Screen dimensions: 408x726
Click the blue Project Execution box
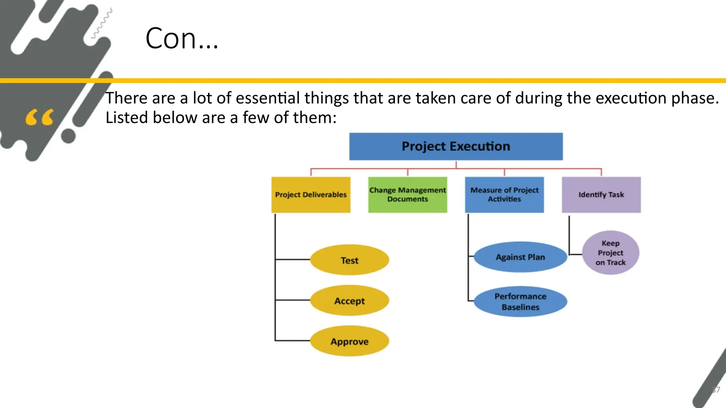pos(456,147)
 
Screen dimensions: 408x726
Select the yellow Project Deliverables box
pos(311,195)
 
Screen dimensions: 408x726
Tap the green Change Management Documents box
pos(408,195)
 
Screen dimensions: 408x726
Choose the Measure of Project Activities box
pos(504,195)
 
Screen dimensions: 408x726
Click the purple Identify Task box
pos(601,195)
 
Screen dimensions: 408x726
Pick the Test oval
pos(350,260)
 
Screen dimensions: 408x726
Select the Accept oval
pos(350,301)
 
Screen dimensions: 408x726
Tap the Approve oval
pos(350,341)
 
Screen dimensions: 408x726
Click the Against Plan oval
pos(520,257)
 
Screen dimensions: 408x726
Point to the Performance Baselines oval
pos(520,301)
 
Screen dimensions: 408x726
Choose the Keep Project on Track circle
pos(610,253)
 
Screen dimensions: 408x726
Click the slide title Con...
pos(181,38)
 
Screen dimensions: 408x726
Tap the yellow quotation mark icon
pos(39,117)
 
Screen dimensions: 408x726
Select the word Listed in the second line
pos(127,118)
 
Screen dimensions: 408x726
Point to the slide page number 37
pos(716,390)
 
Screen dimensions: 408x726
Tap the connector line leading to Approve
pos(293,341)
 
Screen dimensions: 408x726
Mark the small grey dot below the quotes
pos(68,136)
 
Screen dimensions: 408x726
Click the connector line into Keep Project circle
pos(575,254)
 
